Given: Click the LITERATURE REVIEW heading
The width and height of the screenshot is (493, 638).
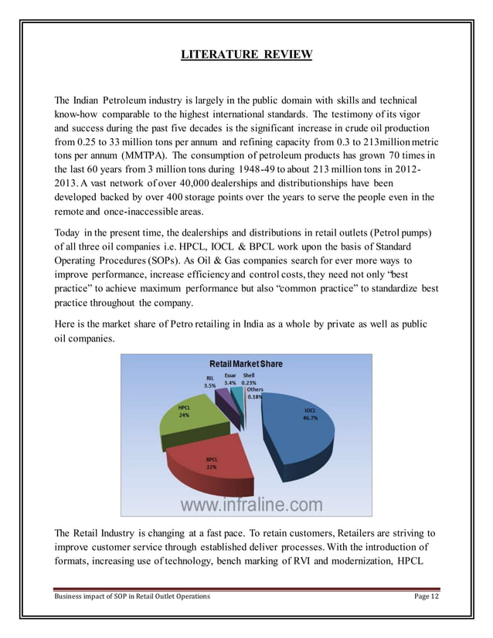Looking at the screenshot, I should coord(246,54).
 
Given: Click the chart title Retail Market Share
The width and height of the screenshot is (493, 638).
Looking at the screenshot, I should coord(246,363).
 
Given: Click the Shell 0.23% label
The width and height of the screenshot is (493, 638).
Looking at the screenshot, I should coord(249,378).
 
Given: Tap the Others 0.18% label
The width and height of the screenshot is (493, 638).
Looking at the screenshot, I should coord(255,393).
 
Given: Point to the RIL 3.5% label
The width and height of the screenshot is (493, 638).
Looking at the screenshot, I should coord(209,382).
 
